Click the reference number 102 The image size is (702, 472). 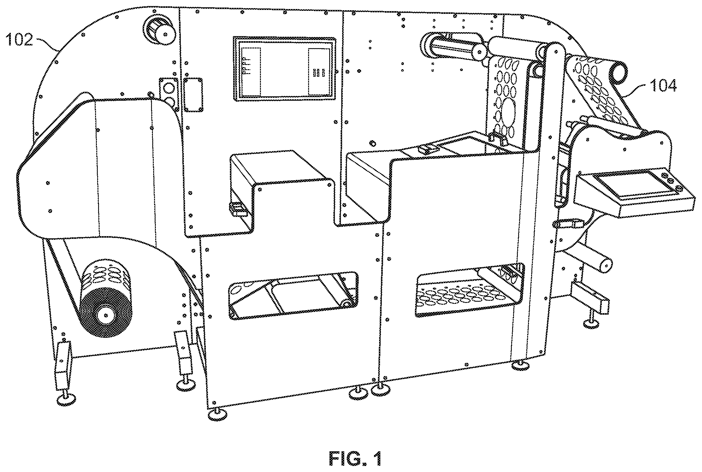tap(19, 40)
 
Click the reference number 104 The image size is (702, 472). tap(663, 86)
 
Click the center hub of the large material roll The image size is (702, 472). tap(106, 315)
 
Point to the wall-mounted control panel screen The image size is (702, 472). tap(284, 69)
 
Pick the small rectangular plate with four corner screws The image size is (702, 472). tap(193, 94)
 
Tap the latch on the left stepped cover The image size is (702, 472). tap(237, 209)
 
